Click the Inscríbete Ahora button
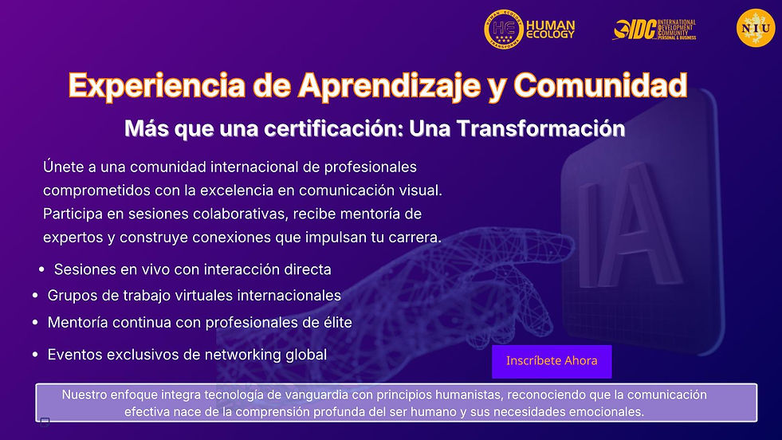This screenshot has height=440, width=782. (x=552, y=361)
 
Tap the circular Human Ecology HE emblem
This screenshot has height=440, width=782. (x=503, y=29)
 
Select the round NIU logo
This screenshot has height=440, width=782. (x=755, y=29)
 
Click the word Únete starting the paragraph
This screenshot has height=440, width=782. (x=62, y=167)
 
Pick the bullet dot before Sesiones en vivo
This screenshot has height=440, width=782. (x=41, y=269)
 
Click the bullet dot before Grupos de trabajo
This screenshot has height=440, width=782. (x=35, y=296)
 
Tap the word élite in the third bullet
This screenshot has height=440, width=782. (x=336, y=322)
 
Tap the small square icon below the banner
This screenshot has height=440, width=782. (x=45, y=422)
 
